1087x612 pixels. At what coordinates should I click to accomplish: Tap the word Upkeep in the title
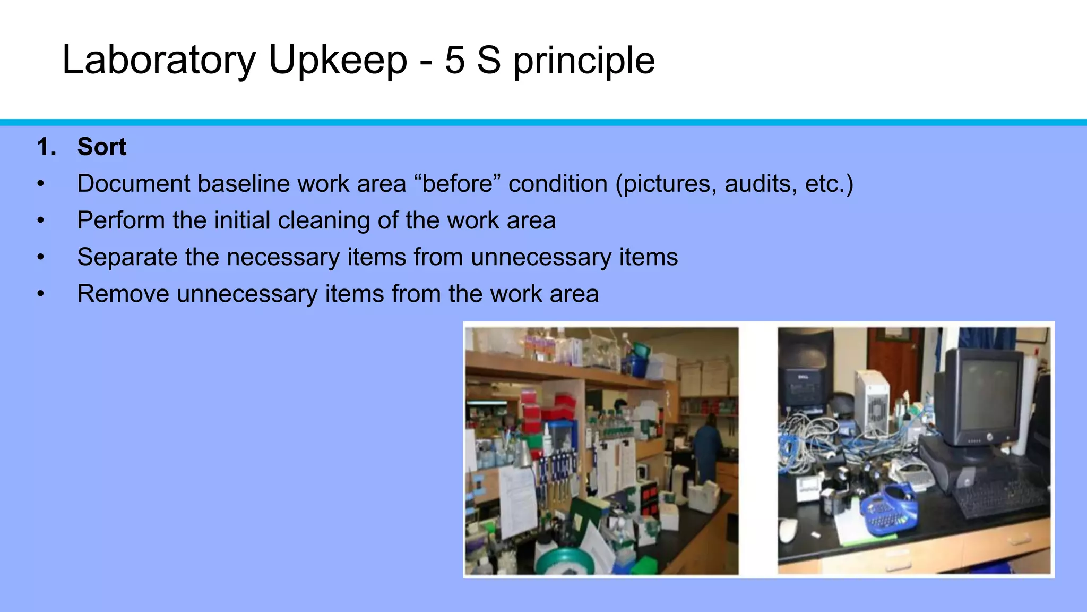pyautogui.click(x=338, y=60)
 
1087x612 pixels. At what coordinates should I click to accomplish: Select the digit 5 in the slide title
pyautogui.click(x=454, y=60)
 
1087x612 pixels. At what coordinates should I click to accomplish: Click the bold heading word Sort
pyautogui.click(x=102, y=147)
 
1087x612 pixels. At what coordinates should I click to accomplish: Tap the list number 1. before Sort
pyautogui.click(x=47, y=147)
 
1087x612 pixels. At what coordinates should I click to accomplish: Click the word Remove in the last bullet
pyautogui.click(x=123, y=294)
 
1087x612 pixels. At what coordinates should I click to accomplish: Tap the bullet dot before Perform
pyautogui.click(x=41, y=220)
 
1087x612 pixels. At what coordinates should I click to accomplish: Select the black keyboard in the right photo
pyautogui.click(x=998, y=497)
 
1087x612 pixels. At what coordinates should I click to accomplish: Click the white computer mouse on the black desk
pyautogui.click(x=788, y=530)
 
